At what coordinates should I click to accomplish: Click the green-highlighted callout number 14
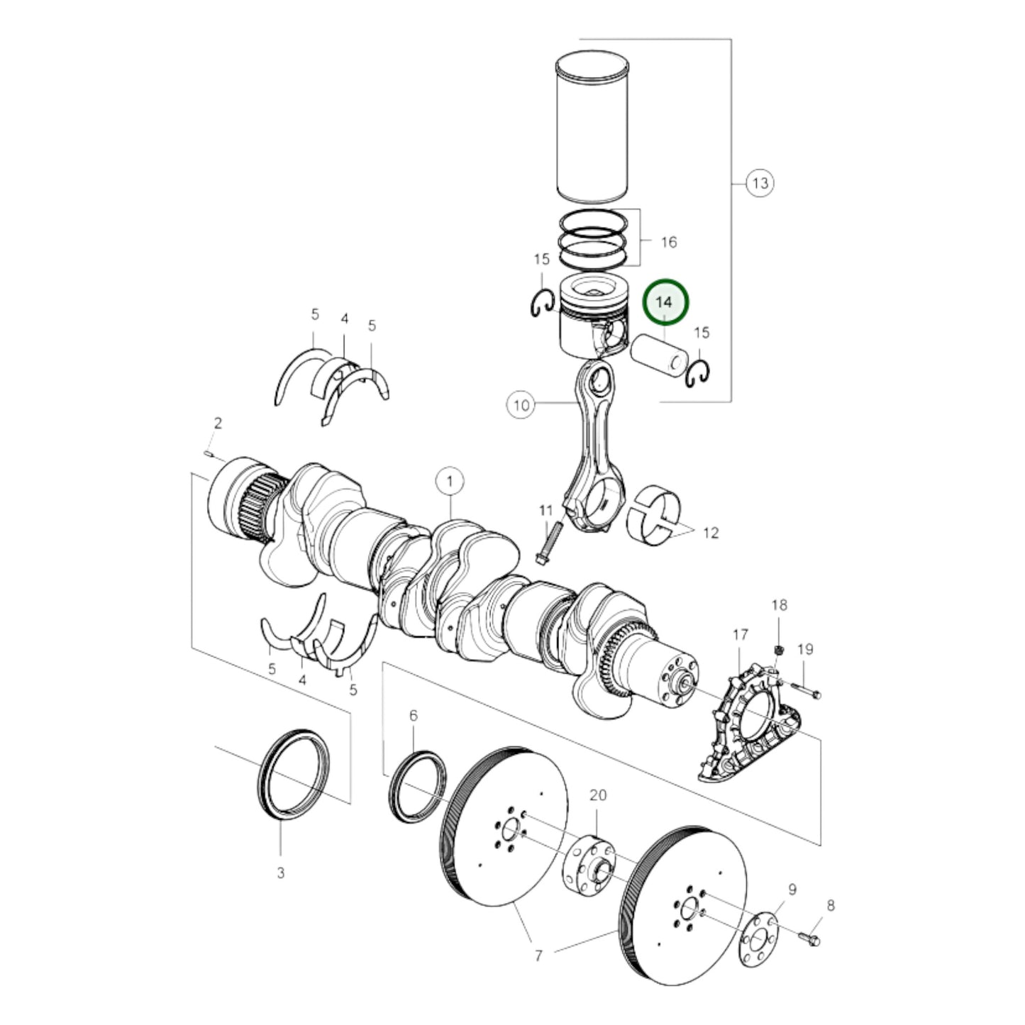coord(665,302)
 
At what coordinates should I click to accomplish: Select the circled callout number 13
coord(760,183)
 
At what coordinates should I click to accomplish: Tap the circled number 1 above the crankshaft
coord(450,482)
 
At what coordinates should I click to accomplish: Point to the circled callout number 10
coord(521,405)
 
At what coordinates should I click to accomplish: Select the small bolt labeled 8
coord(809,938)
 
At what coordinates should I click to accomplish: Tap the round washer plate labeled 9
coord(758,941)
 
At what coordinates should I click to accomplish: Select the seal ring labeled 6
coord(418,785)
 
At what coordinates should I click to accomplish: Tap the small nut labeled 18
coord(778,649)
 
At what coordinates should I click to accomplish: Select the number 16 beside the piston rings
coord(668,242)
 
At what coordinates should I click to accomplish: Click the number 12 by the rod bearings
coord(710,533)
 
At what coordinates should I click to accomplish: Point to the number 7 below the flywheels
coord(538,955)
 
